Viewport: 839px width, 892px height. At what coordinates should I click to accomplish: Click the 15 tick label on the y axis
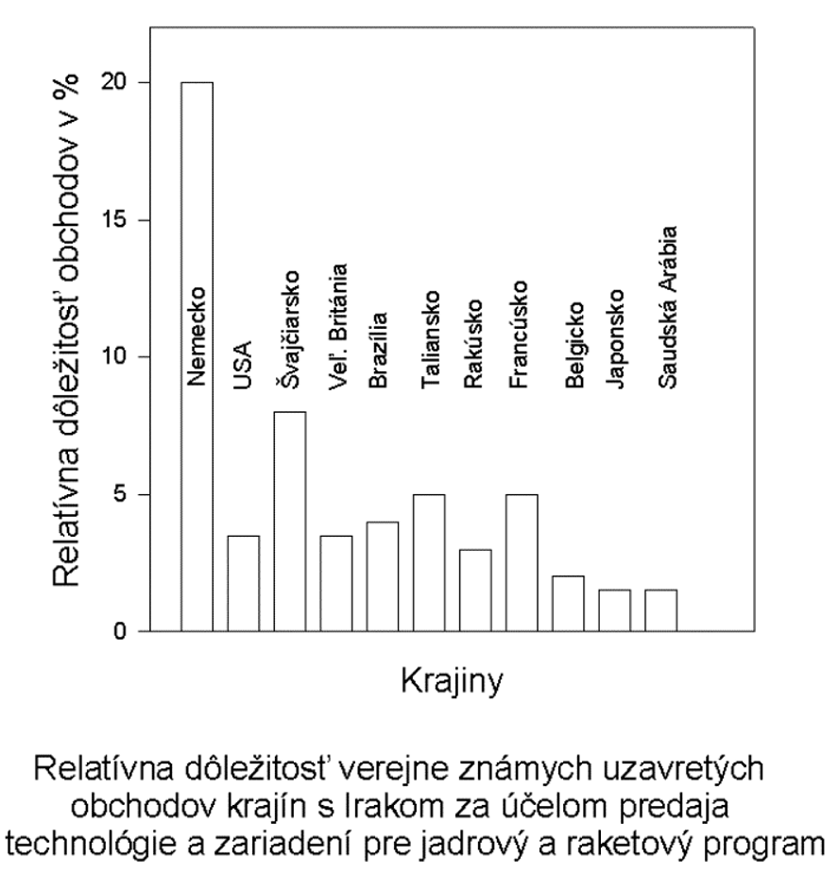(x=124, y=220)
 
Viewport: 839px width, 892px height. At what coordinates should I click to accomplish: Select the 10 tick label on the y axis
(x=124, y=357)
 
